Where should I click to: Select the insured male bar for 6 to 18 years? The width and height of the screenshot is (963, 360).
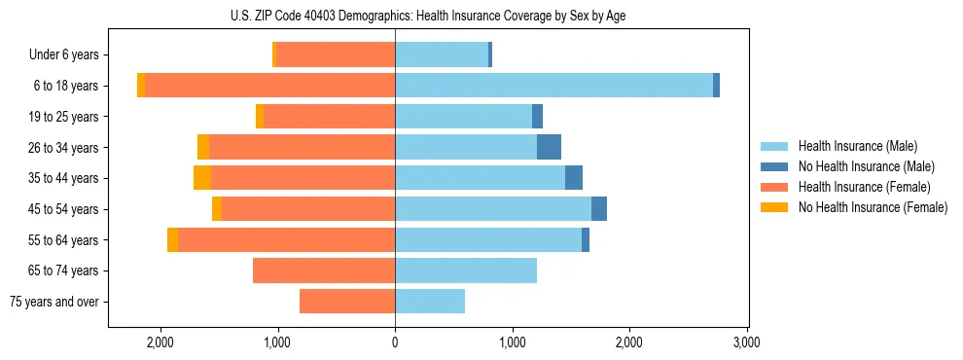tap(553, 86)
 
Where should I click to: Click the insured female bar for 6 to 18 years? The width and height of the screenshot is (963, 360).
tap(269, 86)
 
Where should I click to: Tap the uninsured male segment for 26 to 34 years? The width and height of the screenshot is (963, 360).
tap(549, 147)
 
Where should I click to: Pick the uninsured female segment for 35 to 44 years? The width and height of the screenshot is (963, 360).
tap(202, 178)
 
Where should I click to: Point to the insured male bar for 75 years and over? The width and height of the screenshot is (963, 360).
tap(430, 302)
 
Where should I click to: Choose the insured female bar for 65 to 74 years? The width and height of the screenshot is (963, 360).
tap(324, 270)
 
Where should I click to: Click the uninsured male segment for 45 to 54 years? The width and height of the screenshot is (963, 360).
tap(599, 209)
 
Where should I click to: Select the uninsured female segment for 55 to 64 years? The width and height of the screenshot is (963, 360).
tap(172, 240)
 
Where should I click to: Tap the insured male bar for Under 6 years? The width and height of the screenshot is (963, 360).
tap(442, 54)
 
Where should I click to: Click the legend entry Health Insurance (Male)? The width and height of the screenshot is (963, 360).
tap(857, 146)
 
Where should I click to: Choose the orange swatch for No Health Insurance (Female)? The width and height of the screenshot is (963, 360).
tap(775, 207)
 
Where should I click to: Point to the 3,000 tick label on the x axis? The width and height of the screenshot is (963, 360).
tap(746, 342)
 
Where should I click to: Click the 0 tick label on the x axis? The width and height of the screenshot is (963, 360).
tap(395, 342)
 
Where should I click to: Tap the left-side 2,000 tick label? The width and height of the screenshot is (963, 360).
tap(160, 342)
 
